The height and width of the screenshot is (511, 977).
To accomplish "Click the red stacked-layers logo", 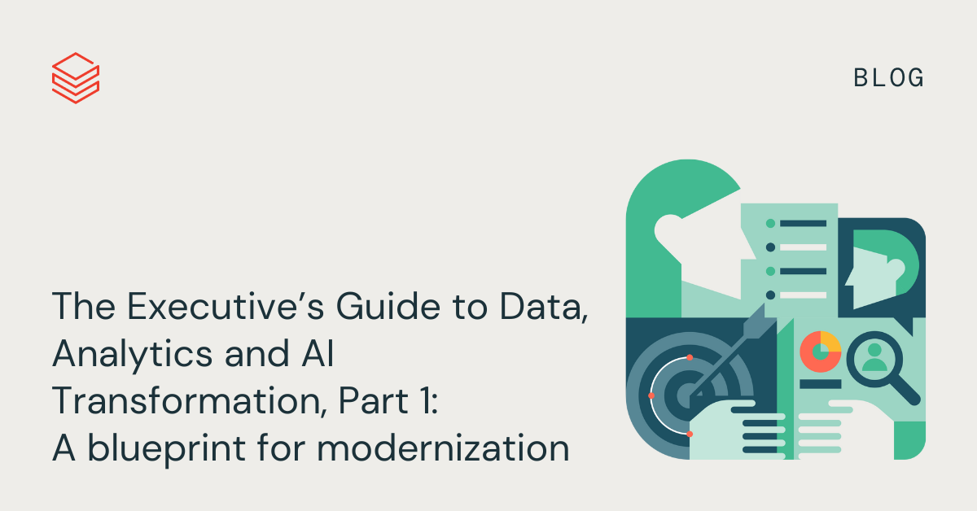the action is (x=76, y=78).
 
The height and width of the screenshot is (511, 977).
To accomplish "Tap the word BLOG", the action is (x=888, y=78).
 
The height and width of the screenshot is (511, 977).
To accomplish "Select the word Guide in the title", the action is (x=388, y=307).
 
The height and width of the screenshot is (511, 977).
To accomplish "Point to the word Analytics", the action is (x=133, y=355).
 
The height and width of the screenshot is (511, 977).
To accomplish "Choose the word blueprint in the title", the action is (x=166, y=448).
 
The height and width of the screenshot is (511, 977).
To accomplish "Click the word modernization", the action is (x=443, y=448).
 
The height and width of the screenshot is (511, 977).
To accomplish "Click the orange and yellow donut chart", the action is (x=821, y=352).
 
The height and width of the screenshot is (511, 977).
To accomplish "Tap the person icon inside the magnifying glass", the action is (x=874, y=357).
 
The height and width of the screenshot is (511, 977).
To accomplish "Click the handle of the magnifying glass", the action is (x=905, y=391).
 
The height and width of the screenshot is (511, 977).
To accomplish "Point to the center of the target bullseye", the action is (x=688, y=395).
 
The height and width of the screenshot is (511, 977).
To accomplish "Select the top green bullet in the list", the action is (x=771, y=224).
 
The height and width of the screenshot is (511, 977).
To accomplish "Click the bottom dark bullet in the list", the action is (x=771, y=295).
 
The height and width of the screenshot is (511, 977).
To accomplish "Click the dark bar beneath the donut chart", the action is (x=821, y=384).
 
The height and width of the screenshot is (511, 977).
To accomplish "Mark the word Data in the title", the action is (x=544, y=307).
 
